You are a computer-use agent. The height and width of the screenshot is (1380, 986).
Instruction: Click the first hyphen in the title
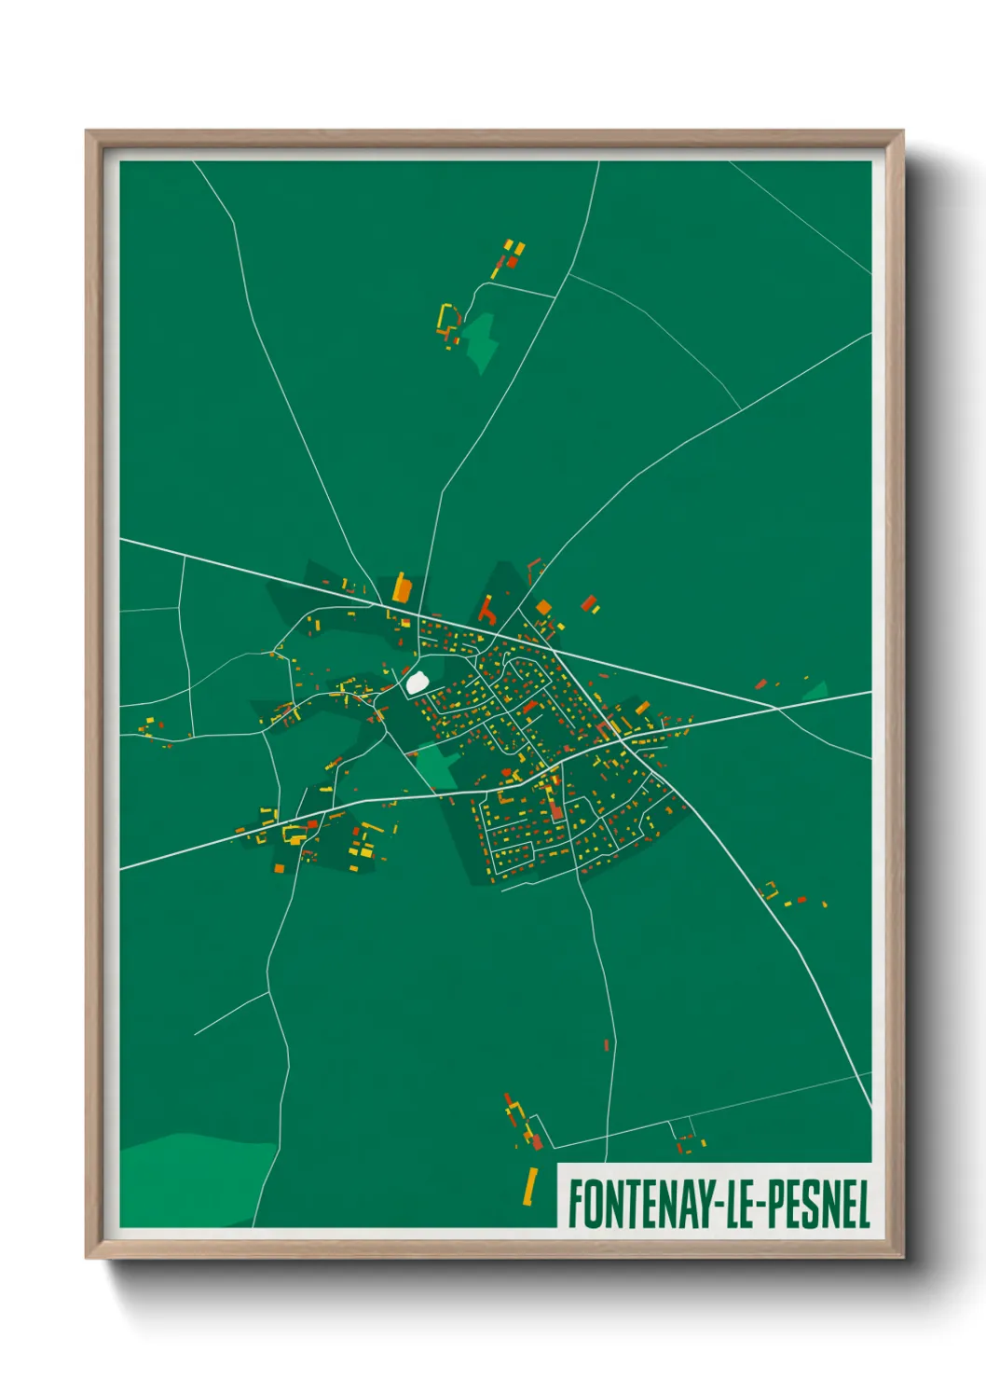pyautogui.click(x=718, y=1204)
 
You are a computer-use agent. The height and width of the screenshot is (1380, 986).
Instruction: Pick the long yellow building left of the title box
pyautogui.click(x=531, y=1185)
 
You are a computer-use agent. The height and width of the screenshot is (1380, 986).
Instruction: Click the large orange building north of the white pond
pyautogui.click(x=402, y=588)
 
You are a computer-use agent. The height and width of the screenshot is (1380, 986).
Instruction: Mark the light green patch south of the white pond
pyautogui.click(x=434, y=766)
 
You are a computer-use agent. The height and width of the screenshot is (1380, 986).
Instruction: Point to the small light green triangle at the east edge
pyautogui.click(x=817, y=691)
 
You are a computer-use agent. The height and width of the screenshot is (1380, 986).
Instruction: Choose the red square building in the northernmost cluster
pyautogui.click(x=512, y=262)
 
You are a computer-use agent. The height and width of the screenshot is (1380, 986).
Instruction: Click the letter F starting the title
pyautogui.click(x=576, y=1204)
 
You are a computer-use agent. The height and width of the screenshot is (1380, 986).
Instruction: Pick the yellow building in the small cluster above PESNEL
pyautogui.click(x=690, y=1145)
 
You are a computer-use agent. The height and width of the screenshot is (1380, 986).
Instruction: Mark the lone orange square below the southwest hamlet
pyautogui.click(x=278, y=868)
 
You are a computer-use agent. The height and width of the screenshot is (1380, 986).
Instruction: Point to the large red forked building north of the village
pyautogui.click(x=486, y=611)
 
